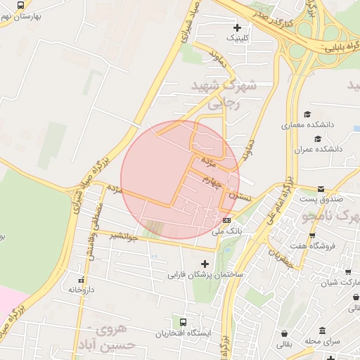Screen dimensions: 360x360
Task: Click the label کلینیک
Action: click(236, 38)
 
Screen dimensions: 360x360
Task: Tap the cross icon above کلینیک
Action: click(236, 27)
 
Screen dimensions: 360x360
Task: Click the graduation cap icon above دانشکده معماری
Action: click(307, 114)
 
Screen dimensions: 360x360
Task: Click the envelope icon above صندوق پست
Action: click(321, 189)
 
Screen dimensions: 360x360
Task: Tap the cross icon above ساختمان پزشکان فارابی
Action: click(205, 264)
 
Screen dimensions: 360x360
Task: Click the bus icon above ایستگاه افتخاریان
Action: click(184, 322)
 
